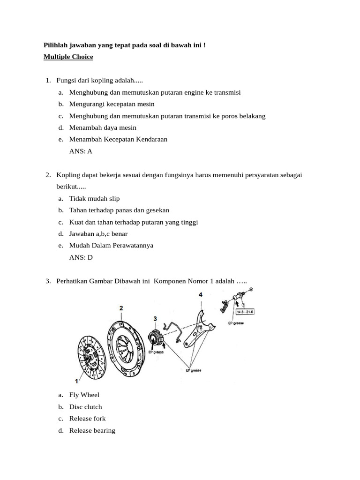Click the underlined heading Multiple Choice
click(68, 57)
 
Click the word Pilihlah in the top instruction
click(56, 45)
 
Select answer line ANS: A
click(81, 151)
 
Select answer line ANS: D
click(81, 257)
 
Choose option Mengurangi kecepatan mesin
click(112, 104)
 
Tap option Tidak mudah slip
click(94, 199)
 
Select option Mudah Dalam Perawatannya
click(111, 245)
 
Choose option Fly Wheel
click(84, 395)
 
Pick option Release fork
click(87, 419)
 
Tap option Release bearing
click(92, 430)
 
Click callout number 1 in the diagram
click(76, 382)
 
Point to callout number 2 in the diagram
click(121, 308)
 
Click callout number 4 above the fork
click(200, 295)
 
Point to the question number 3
click(48, 281)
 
